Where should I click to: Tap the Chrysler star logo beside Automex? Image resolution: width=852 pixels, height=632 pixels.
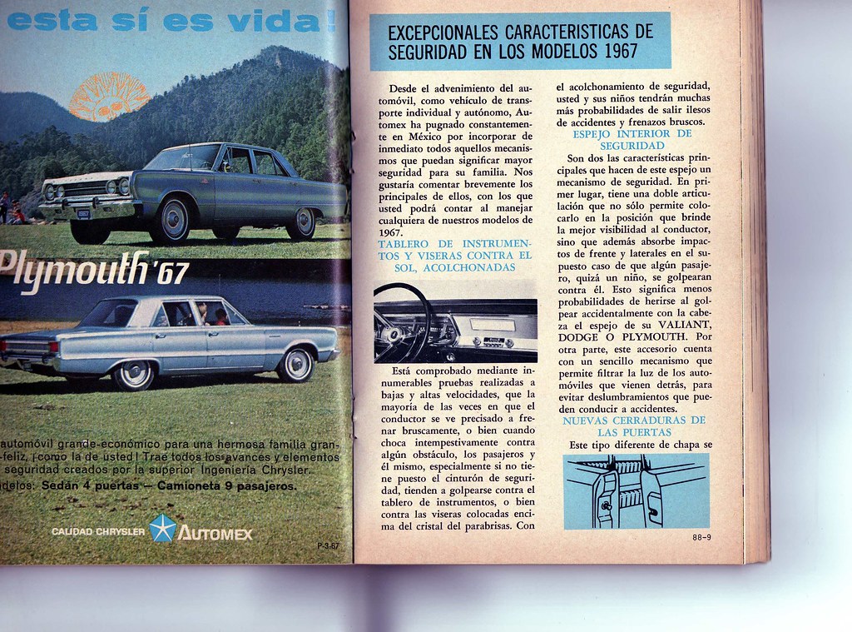click(161, 529)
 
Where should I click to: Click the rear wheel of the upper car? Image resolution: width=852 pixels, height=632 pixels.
click(300, 223)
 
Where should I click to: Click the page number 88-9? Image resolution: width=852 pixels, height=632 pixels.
click(701, 538)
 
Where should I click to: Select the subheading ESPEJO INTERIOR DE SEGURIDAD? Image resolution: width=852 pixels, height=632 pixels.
click(632, 139)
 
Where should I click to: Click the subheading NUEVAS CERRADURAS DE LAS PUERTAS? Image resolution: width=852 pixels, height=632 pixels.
click(632, 426)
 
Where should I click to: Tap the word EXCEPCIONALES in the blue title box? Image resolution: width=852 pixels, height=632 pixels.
click(442, 32)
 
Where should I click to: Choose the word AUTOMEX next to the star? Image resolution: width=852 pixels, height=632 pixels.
click(215, 532)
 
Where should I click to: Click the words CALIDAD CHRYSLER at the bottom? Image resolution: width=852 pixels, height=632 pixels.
click(97, 531)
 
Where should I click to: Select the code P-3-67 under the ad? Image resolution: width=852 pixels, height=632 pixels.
click(328, 546)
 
